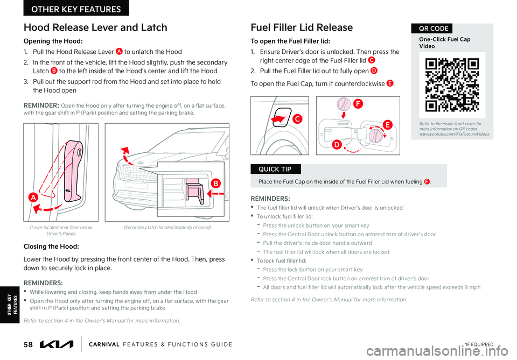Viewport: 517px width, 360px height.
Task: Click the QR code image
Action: click(452, 85)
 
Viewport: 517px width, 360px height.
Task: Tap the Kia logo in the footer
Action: click(57, 344)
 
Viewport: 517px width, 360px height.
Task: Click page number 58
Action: click(28, 344)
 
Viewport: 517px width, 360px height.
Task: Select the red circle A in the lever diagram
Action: click(33, 197)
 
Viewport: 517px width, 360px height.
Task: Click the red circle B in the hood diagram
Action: click(215, 183)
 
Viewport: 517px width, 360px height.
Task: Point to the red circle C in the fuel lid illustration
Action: click(297, 118)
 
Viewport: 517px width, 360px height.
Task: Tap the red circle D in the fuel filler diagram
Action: click(337, 144)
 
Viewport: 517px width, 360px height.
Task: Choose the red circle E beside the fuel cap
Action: click(387, 124)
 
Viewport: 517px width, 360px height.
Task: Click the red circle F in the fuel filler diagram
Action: click(358, 104)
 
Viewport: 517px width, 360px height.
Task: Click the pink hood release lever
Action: click(72, 171)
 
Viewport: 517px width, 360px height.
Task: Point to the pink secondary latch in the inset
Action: click(194, 193)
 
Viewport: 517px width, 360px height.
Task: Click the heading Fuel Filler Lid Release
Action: click(302, 27)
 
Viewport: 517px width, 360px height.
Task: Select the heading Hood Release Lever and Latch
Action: click(95, 27)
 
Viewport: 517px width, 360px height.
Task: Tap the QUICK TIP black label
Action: click(276, 169)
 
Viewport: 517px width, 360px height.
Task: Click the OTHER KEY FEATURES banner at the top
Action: click(76, 9)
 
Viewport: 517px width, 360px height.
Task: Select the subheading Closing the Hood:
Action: click(51, 246)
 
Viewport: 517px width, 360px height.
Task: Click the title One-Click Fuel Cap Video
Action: click(444, 43)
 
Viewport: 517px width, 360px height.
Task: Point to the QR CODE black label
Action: click(432, 29)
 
